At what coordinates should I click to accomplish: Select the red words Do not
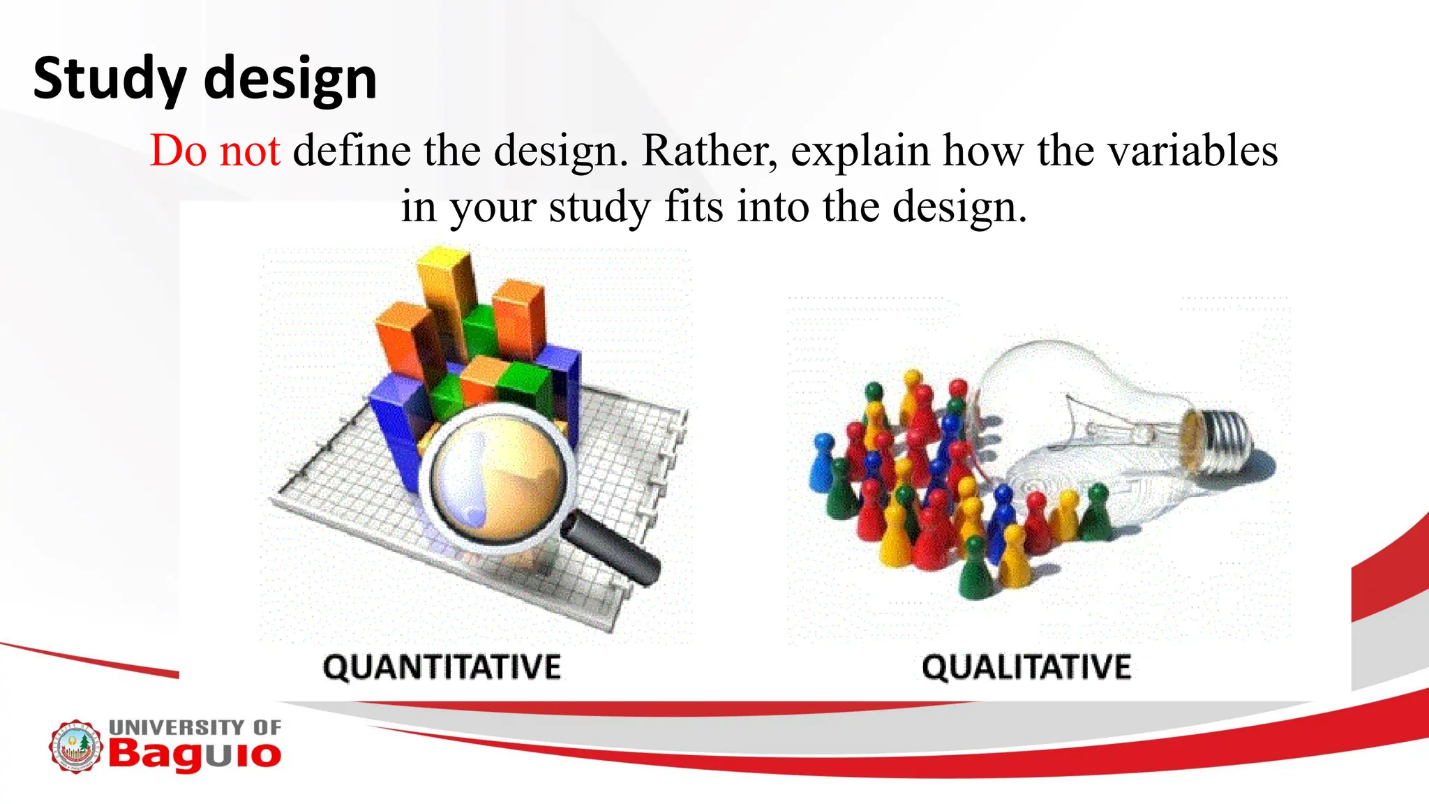(x=215, y=150)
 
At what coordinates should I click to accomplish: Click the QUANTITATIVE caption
(x=442, y=667)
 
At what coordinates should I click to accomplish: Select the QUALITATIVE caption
(x=1026, y=667)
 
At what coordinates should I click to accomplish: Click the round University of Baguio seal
(x=75, y=746)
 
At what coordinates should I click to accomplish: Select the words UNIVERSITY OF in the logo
(x=195, y=727)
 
